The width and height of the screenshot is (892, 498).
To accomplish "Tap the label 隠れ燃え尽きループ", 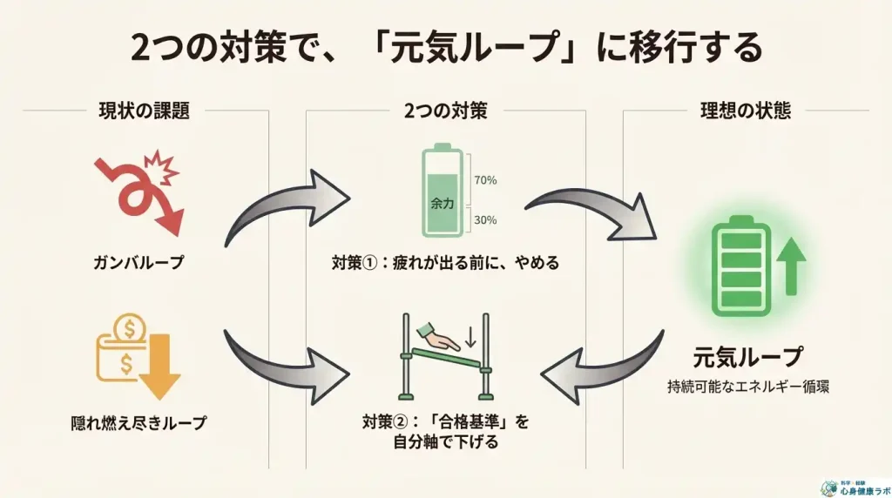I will pos(139,424).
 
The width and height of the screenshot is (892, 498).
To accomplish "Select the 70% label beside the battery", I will pos(485,181).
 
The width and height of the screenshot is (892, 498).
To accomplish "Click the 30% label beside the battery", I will pos(485,220).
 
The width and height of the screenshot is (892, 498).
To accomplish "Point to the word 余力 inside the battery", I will pos(443,202).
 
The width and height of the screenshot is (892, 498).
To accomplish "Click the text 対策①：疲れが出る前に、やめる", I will pos(445,262).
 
